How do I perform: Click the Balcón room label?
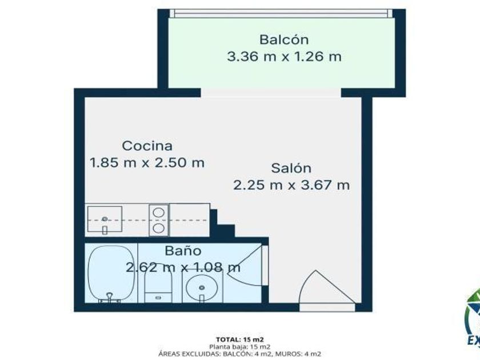tap(284, 40)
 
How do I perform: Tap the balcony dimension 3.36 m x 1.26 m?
tap(284, 57)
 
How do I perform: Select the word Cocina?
tap(147, 146)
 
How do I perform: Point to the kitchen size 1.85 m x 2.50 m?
tap(147, 162)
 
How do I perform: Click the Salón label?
tap(291, 168)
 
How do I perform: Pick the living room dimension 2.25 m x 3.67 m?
tap(291, 185)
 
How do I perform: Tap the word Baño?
tap(183, 251)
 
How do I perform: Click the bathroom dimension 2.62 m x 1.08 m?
tap(183, 267)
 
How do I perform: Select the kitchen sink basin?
tap(105, 219)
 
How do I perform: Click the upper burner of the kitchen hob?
tap(159, 213)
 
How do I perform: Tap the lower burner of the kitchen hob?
tap(159, 228)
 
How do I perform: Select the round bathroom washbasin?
tap(201, 288)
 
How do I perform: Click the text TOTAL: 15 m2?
tap(239, 339)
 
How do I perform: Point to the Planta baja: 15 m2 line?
tap(239, 346)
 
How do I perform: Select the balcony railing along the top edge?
tap(281, 13)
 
